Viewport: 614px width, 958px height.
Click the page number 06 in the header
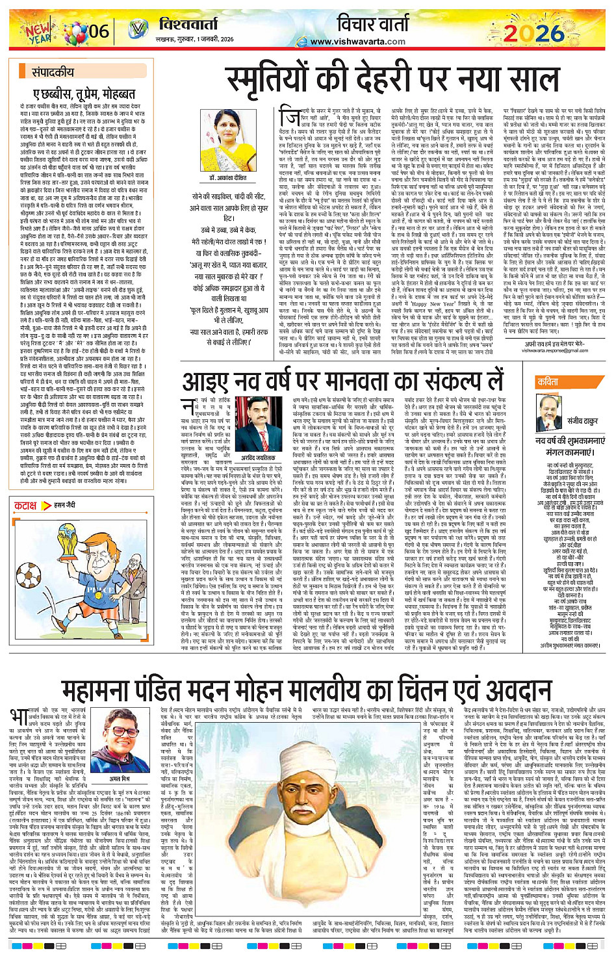99,30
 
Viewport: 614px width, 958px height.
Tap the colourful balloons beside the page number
70,29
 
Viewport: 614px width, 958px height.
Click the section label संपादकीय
53,72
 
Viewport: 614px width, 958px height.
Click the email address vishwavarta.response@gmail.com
554,350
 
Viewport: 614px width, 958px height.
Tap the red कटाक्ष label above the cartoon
25,505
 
